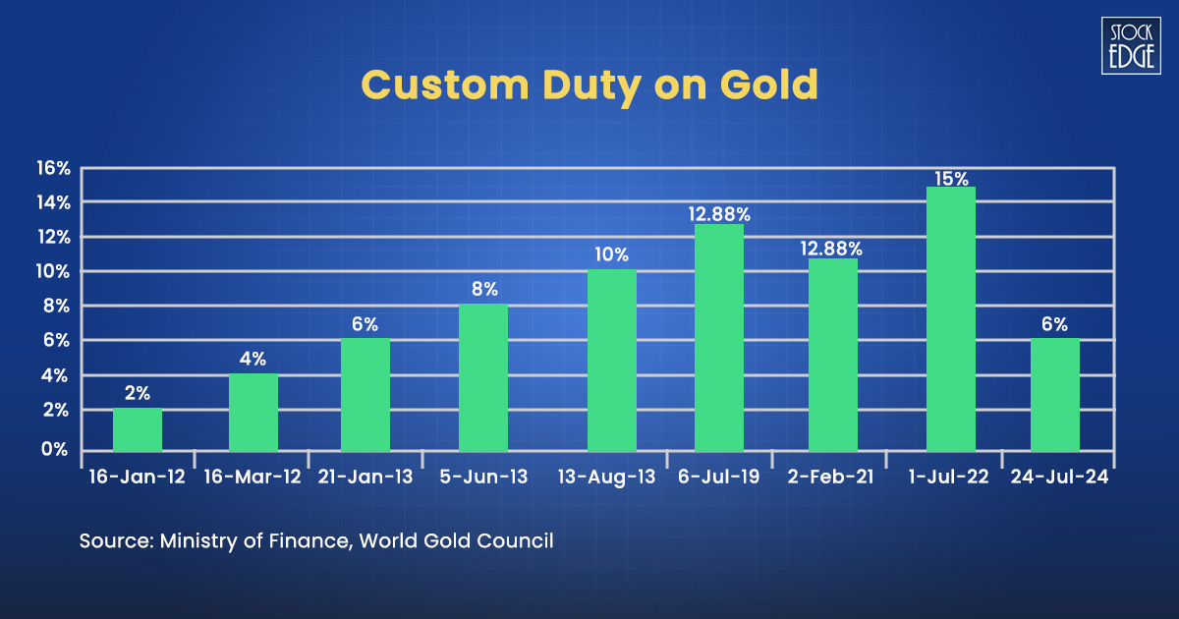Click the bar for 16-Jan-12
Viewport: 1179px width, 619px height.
138,429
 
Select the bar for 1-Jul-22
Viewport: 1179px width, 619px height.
951,319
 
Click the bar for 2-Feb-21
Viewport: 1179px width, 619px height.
833,355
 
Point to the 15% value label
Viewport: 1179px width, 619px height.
951,179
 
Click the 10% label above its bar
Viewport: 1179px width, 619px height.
611,254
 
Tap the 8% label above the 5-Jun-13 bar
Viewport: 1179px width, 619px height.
484,289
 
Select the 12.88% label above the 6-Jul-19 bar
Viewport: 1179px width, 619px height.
719,213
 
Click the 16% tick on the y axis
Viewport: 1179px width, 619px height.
54,168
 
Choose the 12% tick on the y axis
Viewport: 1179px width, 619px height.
54,237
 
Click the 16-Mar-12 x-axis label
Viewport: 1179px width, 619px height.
251,477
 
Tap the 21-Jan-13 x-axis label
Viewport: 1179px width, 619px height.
365,477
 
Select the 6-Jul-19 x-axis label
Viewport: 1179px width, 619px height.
719,477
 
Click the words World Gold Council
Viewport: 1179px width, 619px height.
456,540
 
